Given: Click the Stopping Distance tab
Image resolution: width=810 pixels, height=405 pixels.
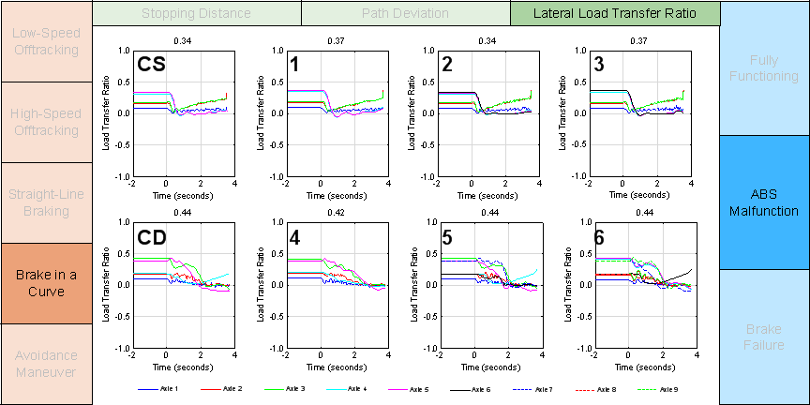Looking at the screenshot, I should [196, 13].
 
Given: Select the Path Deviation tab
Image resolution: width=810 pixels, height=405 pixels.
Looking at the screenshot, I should [405, 13].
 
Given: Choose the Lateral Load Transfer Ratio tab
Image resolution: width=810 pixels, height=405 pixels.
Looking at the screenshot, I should [615, 13].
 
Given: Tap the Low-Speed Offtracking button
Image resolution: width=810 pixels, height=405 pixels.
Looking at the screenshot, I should [46, 40].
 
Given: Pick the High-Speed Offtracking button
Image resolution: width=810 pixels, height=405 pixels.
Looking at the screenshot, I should [46, 122].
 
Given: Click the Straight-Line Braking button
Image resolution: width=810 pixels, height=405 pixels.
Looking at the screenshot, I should [46, 202].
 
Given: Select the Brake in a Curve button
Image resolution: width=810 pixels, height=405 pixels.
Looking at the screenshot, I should [46, 283].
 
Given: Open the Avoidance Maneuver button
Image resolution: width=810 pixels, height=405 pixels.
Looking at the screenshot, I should [46, 364].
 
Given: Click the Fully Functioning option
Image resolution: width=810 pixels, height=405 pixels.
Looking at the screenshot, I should [764, 67].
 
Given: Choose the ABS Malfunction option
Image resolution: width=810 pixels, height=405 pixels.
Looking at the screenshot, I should [764, 202].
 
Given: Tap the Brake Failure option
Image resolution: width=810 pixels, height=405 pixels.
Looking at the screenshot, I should [764, 337].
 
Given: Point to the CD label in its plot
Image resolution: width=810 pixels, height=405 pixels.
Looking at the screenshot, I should [152, 237].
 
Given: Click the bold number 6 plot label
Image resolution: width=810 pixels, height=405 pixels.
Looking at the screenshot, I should [600, 237].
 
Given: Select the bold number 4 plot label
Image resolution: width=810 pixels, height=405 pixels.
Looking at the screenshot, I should [294, 237].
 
